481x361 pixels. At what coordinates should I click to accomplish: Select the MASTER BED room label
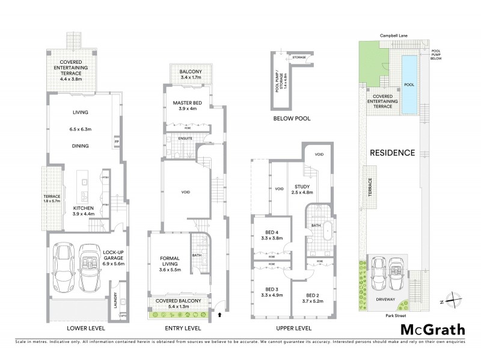[186, 103]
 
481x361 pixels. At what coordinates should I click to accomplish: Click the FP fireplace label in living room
[115, 143]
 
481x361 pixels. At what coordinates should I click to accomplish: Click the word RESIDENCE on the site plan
[393, 152]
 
